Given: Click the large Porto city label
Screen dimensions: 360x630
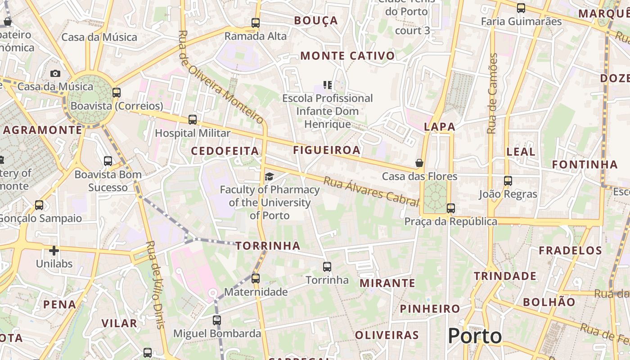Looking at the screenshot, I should [475, 336].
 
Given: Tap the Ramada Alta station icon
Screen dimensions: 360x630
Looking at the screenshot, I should [256, 22].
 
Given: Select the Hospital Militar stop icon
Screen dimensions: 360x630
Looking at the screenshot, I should [193, 120].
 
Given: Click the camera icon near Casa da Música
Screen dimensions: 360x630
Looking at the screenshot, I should [55, 73].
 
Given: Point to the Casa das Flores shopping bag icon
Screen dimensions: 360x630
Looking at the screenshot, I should [419, 163].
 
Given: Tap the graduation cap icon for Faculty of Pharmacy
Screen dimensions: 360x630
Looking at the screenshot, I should [269, 176].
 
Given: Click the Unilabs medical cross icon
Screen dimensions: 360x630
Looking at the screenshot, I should [54, 251].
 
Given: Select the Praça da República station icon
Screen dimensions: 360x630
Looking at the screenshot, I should [451, 208].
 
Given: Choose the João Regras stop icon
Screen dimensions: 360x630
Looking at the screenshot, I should [508, 181].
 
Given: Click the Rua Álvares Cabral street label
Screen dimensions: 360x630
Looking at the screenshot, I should [371, 191].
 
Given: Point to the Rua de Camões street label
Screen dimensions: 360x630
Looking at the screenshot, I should [493, 94].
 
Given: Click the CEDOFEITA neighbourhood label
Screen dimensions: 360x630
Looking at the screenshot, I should [225, 151].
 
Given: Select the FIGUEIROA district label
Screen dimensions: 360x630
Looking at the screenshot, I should [327, 150].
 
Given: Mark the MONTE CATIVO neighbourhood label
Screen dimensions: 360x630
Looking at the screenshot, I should [347, 56].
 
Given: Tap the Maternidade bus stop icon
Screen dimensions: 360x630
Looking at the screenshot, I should [256, 279].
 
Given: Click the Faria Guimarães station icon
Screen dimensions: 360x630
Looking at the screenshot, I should [521, 8].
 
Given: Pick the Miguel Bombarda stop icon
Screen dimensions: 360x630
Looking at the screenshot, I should [217, 320].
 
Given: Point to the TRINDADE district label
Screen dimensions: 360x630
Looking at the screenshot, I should [505, 276].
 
